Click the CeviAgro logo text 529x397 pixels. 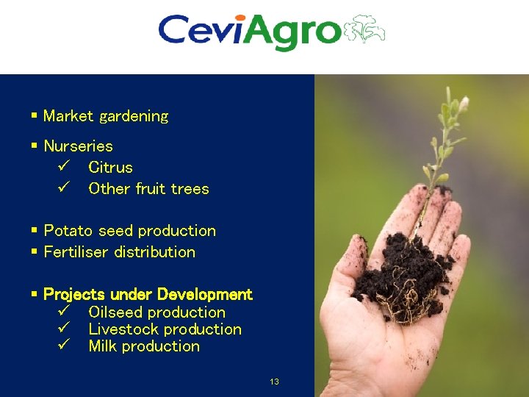[x=250, y=32]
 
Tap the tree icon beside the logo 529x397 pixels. [x=365, y=31]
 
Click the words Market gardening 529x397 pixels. [x=106, y=116]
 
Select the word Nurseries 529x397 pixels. [x=78, y=146]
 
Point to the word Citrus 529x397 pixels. [x=110, y=168]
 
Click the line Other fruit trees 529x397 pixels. [x=148, y=189]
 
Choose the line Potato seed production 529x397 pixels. [x=129, y=231]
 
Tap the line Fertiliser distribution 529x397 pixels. [x=119, y=252]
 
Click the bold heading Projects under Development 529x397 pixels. [x=148, y=295]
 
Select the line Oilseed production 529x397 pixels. [x=156, y=312]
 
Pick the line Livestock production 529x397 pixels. [x=165, y=329]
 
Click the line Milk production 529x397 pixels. [x=144, y=346]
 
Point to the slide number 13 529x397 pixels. [x=274, y=382]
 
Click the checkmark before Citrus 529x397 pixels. [x=62, y=168]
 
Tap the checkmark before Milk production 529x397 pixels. [x=62, y=346]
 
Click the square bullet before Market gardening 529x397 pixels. [x=34, y=116]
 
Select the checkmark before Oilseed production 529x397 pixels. [x=62, y=312]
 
